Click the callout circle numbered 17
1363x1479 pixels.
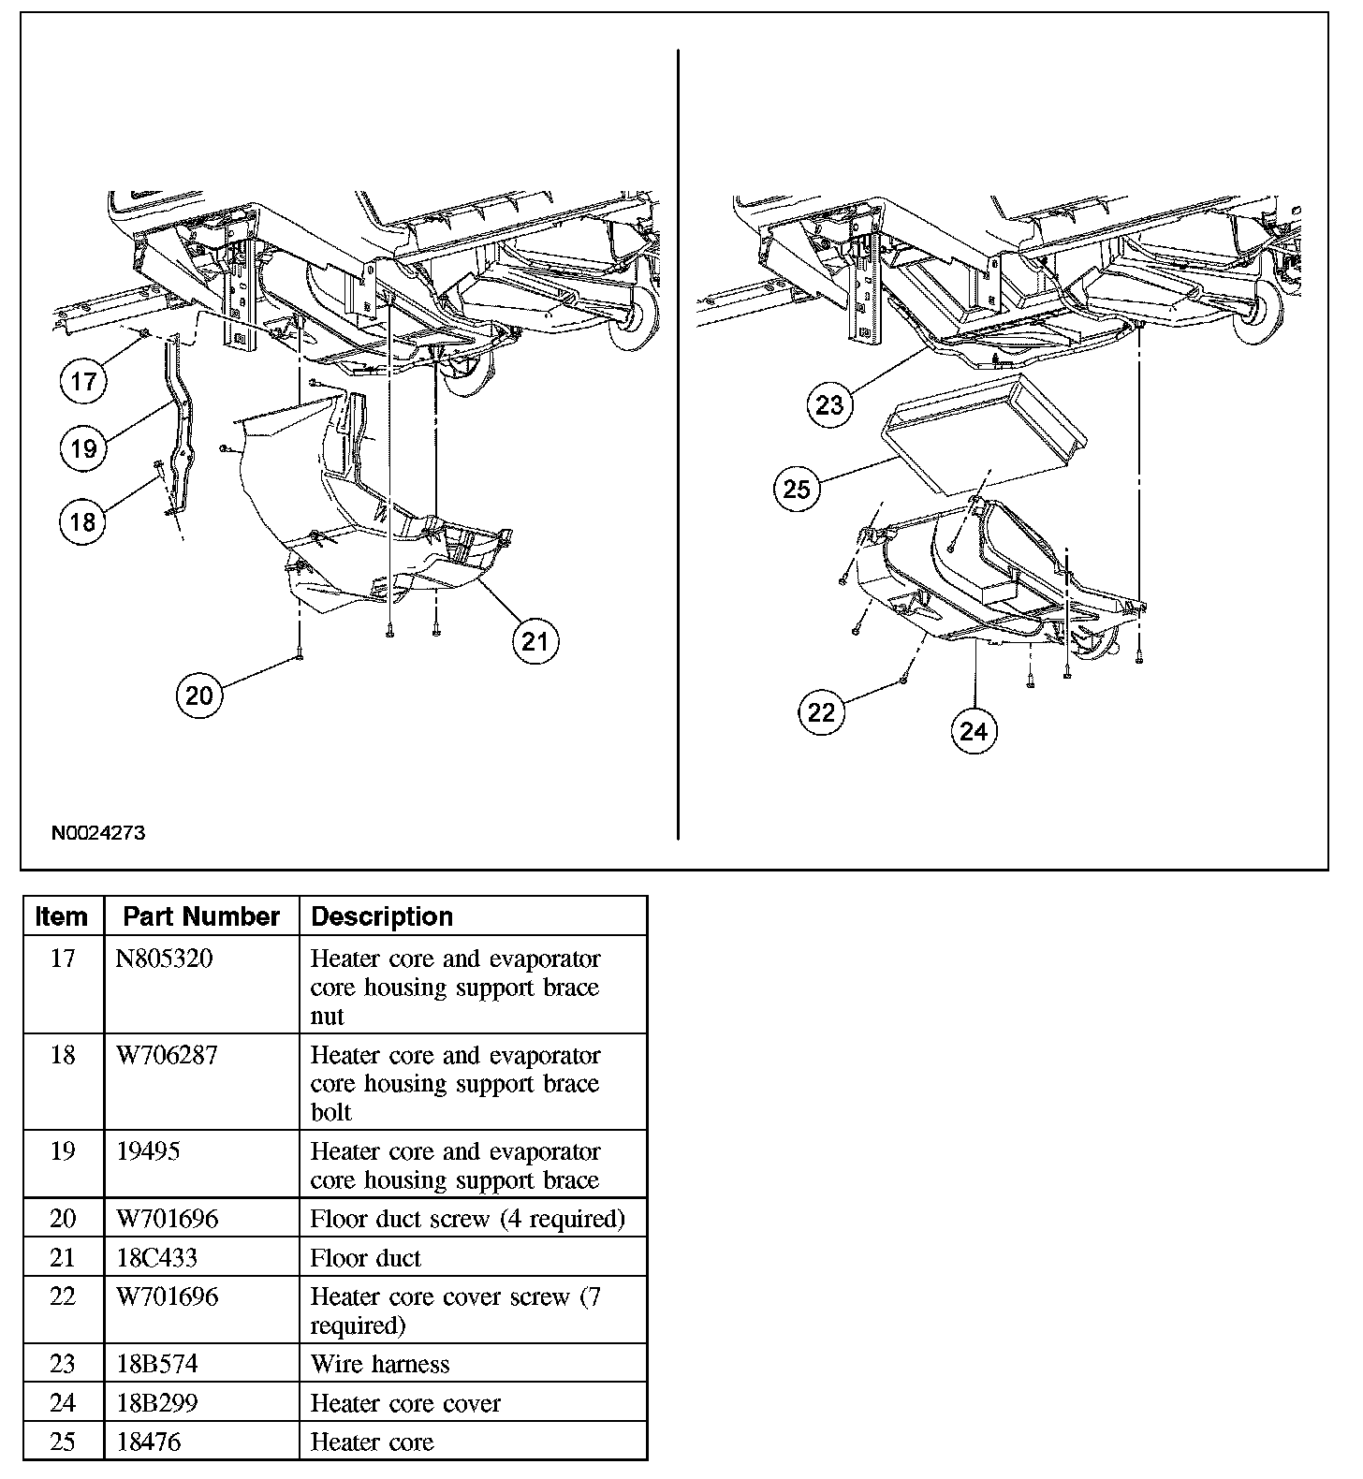pos(84,381)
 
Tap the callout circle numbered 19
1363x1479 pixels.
pos(84,448)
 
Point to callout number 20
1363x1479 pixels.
pos(199,695)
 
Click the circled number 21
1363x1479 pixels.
pos(535,641)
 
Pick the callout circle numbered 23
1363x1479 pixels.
pos(830,404)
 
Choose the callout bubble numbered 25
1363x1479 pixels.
pos(797,489)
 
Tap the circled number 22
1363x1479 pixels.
pos(821,712)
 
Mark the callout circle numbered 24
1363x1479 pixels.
pos(975,730)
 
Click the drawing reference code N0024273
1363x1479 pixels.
pos(98,833)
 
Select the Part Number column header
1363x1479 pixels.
pos(201,916)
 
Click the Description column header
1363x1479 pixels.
pos(382,916)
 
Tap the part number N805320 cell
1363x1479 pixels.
pos(164,959)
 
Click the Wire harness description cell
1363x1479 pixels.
pos(380,1364)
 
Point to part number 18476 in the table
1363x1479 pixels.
pos(149,1442)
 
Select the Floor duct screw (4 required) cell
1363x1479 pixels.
pos(467,1219)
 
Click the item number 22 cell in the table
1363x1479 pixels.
pos(63,1297)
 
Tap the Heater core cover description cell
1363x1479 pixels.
pos(405,1403)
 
